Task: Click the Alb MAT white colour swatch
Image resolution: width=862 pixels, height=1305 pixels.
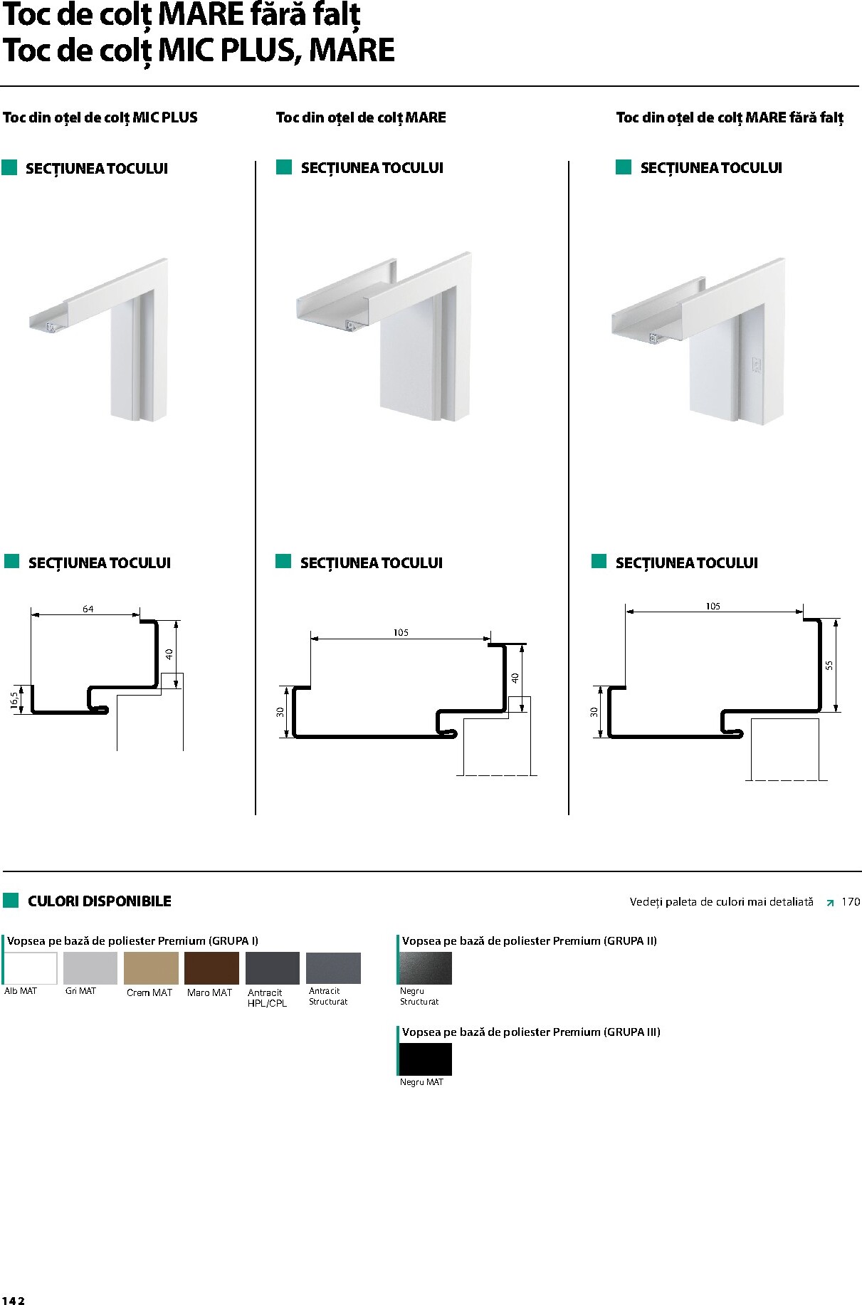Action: point(31,968)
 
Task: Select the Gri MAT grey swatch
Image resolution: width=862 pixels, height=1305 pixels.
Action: point(90,968)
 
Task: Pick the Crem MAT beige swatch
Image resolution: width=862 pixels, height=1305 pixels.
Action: point(151,968)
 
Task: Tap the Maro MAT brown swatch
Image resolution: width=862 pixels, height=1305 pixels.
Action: point(211,968)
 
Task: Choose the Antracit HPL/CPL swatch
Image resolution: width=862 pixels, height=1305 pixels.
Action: point(273,968)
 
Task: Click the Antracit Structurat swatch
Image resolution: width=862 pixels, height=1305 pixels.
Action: point(333,968)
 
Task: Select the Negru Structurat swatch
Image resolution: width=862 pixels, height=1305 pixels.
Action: point(426,968)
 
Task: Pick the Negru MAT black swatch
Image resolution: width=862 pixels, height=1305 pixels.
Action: point(426,1059)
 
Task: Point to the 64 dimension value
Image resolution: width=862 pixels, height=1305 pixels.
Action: point(88,609)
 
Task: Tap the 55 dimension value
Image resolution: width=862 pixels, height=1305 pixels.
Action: point(829,665)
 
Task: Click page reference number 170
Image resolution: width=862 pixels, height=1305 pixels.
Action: point(851,901)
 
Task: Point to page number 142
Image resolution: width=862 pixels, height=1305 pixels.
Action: point(13,1300)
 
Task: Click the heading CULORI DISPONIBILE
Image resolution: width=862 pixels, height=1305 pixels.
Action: point(100,901)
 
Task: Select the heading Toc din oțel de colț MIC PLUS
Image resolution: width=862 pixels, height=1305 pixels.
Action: point(100,118)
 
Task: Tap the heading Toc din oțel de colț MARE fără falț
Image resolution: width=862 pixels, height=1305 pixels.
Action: point(730,118)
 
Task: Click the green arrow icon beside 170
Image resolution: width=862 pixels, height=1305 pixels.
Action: point(830,903)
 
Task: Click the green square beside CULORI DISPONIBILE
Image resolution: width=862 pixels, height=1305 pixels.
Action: point(11,901)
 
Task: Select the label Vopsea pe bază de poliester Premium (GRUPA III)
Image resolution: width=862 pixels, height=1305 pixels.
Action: point(531,1032)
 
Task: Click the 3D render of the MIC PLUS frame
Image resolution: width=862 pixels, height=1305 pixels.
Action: point(99,340)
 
